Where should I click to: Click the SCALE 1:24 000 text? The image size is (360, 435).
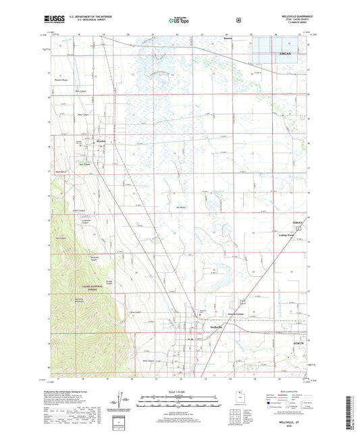coord(179,392)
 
